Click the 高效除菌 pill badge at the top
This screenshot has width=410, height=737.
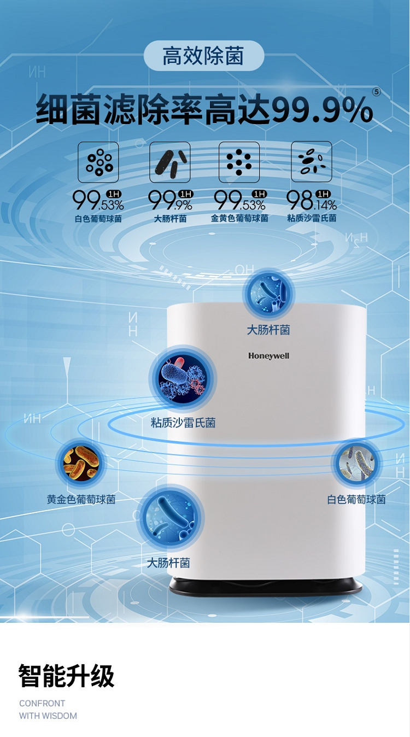tap(204, 56)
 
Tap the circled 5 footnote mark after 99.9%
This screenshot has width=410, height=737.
tap(377, 92)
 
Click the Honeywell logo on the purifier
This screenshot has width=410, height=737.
tap(269, 356)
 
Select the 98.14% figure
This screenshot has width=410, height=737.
tap(311, 200)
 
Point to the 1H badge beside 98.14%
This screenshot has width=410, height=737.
tap(323, 194)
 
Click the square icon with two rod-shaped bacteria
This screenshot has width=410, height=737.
tap(170, 162)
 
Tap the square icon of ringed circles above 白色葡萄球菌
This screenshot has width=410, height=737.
tap(98, 162)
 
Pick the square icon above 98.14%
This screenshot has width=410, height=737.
tap(312, 161)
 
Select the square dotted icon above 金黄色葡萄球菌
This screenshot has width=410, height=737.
tap(239, 162)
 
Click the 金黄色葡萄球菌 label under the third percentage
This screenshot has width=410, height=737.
tap(239, 218)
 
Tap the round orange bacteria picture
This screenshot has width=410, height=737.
tap(81, 463)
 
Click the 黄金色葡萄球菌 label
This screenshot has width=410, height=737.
tap(81, 500)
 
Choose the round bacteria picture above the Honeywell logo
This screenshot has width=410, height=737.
tap(268, 294)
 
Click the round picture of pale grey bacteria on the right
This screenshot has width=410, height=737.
tap(357, 463)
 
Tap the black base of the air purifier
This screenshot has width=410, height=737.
tap(266, 587)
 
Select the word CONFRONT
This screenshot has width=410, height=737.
tap(42, 703)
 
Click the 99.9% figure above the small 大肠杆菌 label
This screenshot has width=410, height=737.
tap(170, 200)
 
